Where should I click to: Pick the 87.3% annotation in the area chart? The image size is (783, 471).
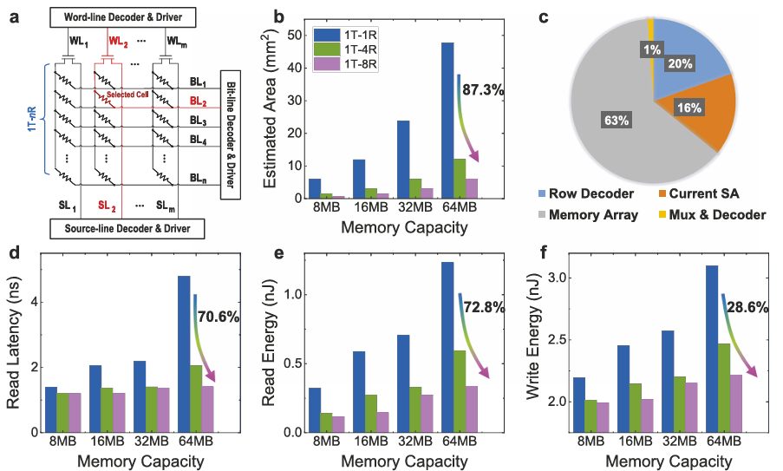coord(482,89)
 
